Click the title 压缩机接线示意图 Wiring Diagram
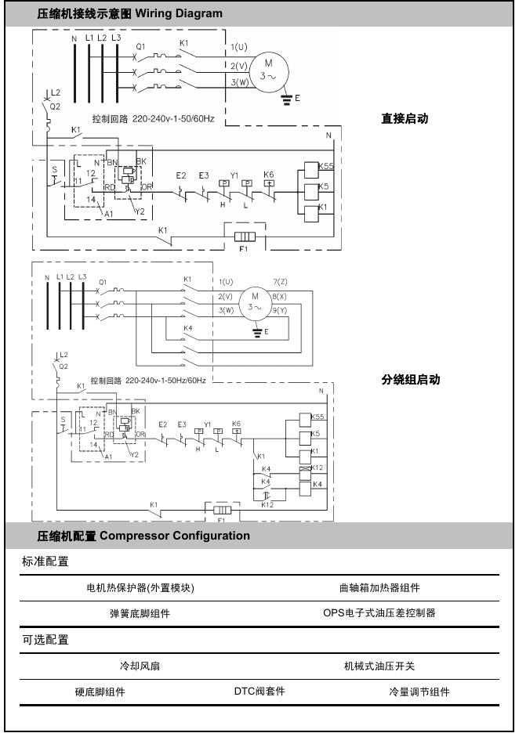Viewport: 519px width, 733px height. (129, 14)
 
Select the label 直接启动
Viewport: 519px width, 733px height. (405, 119)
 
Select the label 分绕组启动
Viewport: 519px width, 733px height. (410, 379)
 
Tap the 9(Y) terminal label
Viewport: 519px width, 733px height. (280, 311)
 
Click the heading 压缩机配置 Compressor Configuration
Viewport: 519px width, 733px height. (143, 536)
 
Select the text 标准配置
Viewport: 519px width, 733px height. (45, 561)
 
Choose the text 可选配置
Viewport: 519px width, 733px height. (45, 640)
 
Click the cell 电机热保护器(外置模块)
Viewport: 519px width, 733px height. (140, 588)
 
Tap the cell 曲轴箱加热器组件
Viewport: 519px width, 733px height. (379, 588)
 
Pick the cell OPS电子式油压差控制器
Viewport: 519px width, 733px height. (379, 613)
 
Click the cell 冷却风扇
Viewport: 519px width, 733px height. (140, 666)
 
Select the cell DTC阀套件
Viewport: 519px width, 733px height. (259, 691)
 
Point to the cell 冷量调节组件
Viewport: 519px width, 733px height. (419, 691)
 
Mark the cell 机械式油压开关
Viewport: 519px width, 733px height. (379, 666)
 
